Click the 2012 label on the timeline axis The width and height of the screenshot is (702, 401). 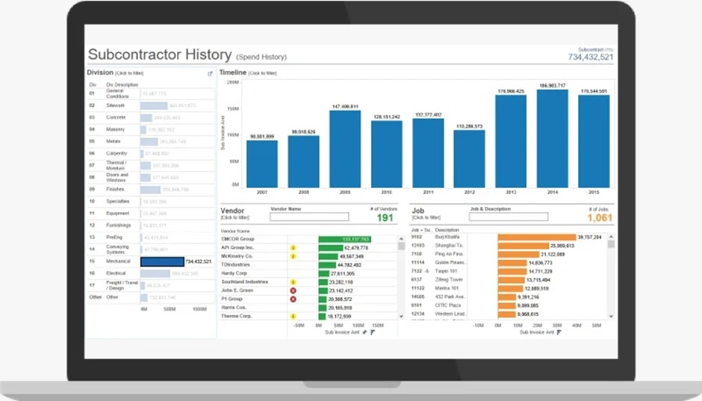469,192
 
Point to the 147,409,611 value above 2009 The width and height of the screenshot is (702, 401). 345,106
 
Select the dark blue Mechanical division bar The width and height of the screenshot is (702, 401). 162,261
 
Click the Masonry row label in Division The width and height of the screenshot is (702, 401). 116,129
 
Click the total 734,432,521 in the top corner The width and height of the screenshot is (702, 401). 590,57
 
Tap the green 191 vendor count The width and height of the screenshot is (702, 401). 385,218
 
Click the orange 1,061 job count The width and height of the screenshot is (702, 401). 600,218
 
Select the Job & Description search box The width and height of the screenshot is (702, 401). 508,217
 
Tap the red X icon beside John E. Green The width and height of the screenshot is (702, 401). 293,290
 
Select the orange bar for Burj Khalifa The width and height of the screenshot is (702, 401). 529,237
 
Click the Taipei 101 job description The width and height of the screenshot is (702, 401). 447,271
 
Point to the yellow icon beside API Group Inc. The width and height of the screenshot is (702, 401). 293,247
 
